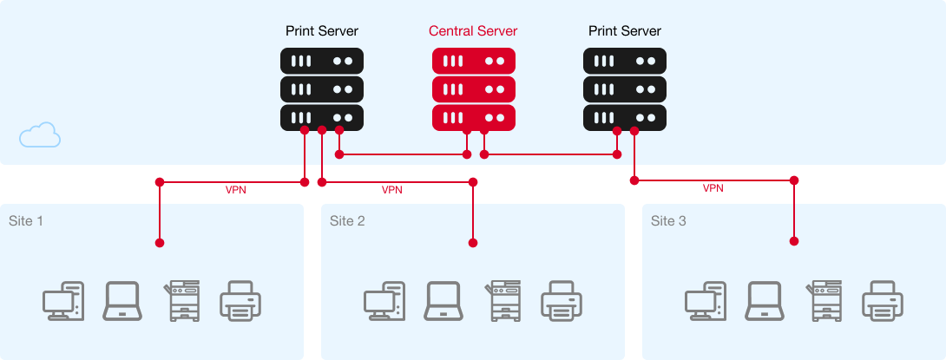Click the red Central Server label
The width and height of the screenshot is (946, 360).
(473, 31)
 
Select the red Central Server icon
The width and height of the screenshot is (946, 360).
(474, 88)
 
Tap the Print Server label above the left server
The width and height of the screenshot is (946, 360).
(322, 31)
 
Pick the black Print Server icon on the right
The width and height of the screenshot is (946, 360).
(625, 88)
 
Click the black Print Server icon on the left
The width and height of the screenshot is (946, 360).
(322, 88)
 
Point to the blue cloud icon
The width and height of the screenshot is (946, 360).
(40, 135)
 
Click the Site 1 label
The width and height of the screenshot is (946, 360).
(26, 221)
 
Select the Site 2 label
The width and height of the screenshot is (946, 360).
(347, 221)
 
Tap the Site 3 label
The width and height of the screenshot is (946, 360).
(668, 221)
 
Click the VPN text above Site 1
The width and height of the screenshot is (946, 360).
(235, 190)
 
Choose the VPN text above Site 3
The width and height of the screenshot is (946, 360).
(713, 188)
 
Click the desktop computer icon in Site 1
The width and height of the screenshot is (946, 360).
(63, 301)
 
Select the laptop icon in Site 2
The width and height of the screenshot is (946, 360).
(443, 301)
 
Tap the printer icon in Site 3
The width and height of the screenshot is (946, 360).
(883, 301)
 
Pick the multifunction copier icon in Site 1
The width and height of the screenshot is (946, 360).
(181, 301)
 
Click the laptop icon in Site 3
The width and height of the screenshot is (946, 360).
(764, 301)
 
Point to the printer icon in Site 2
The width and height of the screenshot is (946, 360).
(562, 301)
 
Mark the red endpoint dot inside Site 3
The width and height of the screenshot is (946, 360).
(793, 242)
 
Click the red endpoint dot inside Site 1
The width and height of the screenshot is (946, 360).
(160, 242)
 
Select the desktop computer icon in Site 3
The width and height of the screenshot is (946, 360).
(706, 301)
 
